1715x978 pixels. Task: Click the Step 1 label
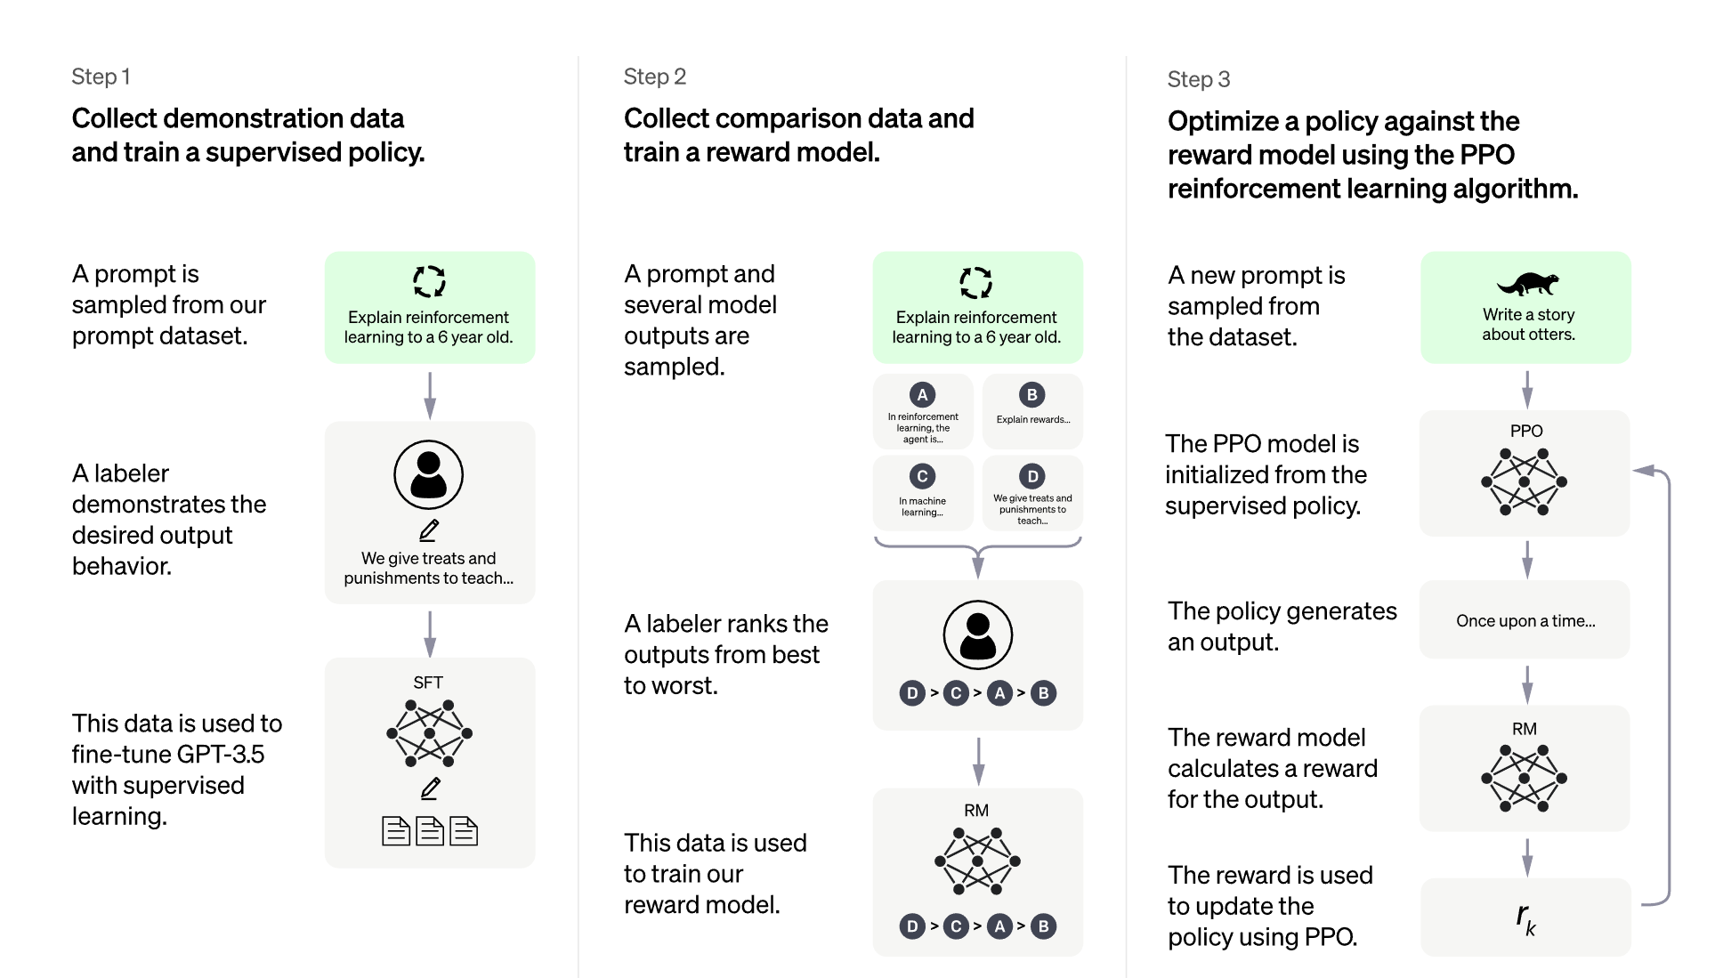tap(101, 77)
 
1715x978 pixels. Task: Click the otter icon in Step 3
tap(1527, 283)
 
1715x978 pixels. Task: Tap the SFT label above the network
tap(428, 683)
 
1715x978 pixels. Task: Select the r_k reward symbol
tap(1525, 917)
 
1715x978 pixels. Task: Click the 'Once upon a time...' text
tap(1525, 621)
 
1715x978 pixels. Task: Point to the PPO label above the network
tap(1525, 431)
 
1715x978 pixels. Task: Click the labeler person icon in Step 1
tap(429, 474)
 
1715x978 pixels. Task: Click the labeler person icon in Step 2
tap(977, 634)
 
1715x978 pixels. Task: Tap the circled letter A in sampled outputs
tap(922, 394)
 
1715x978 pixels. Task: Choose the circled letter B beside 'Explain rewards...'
tap(1031, 394)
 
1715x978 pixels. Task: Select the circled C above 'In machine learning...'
tap(922, 476)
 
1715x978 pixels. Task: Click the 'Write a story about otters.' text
tap(1528, 325)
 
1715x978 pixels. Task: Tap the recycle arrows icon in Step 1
tap(429, 281)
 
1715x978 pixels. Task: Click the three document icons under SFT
tap(429, 831)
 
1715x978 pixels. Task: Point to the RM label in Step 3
tap(1524, 729)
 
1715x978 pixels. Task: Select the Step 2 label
tap(654, 77)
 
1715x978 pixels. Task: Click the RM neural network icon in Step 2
tap(977, 861)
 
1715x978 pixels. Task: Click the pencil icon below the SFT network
tap(431, 788)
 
